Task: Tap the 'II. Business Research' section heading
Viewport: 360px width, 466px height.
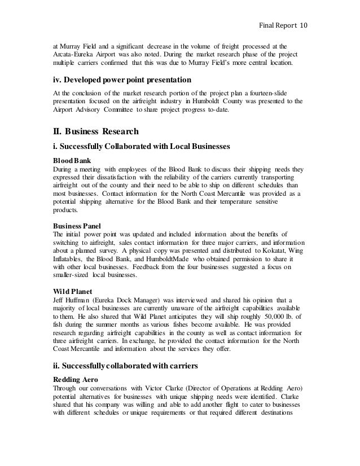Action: (95, 132)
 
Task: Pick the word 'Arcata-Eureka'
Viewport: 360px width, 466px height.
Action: (72, 54)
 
